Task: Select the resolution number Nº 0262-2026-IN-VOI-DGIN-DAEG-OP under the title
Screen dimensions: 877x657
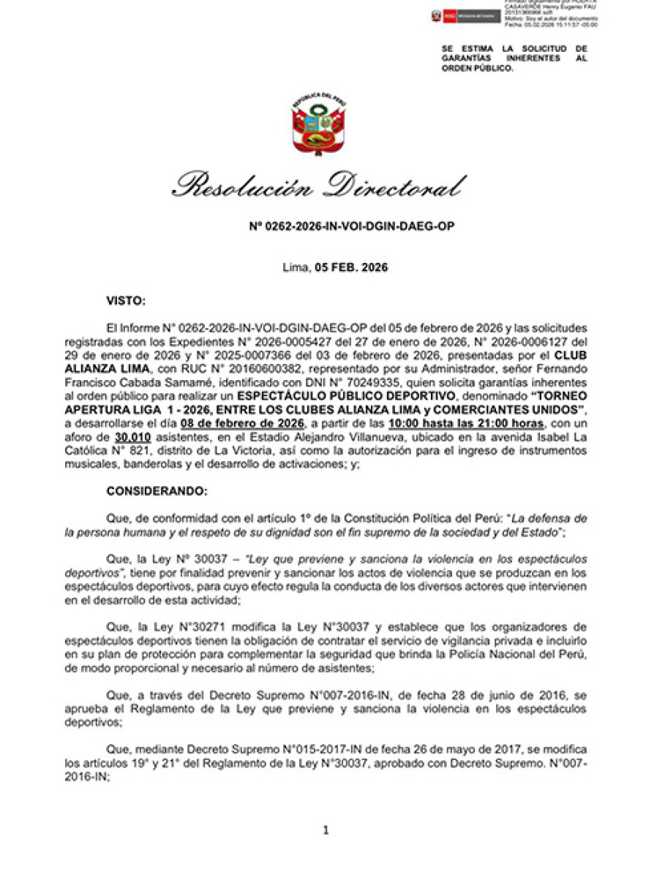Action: point(352,227)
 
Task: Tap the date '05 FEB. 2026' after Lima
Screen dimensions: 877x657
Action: point(351,267)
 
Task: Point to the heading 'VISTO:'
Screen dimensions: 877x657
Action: point(126,300)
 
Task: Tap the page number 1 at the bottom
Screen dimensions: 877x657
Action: point(326,829)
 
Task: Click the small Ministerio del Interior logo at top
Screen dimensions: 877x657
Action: point(465,15)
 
